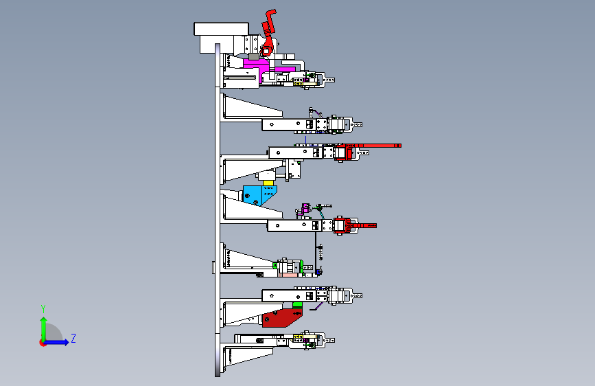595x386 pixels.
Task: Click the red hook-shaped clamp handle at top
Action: (268, 23)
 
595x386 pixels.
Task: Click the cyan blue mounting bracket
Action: (259, 194)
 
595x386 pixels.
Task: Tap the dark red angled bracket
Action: (281, 317)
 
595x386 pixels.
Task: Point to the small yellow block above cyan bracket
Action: (268, 183)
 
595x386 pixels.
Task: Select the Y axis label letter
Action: (43, 308)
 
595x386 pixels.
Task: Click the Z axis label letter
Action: (73, 338)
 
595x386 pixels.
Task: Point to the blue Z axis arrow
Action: (56, 342)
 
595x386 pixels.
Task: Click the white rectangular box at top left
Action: (221, 29)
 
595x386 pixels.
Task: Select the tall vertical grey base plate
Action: (218, 210)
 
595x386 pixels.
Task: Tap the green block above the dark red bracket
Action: (298, 305)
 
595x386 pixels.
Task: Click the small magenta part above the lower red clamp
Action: (305, 208)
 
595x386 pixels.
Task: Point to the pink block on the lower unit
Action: (290, 274)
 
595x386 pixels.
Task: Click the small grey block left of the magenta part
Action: (253, 56)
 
